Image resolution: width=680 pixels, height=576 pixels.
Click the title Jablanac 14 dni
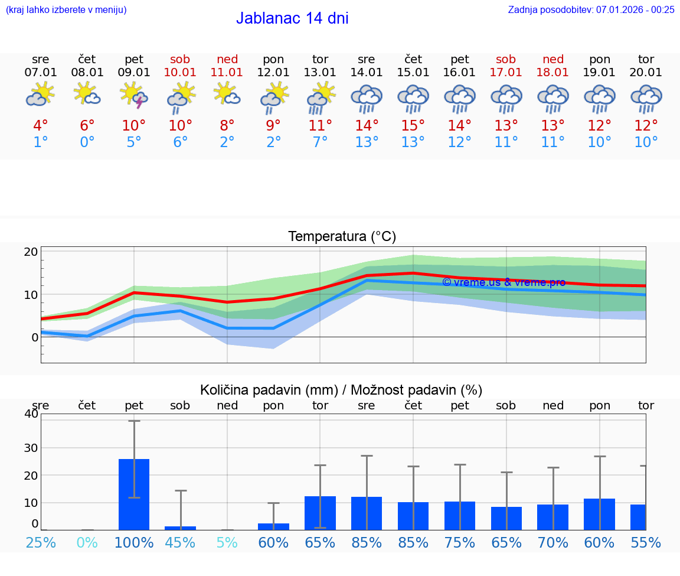[x=292, y=18]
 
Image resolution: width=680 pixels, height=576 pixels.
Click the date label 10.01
[x=181, y=73]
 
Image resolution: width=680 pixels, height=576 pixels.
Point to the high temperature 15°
[x=413, y=126]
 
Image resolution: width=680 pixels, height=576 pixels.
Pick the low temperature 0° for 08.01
[x=87, y=142]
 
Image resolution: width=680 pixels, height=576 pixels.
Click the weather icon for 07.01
[x=41, y=95]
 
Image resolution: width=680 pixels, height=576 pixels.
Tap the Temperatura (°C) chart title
[x=342, y=237]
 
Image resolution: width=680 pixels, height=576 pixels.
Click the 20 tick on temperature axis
[x=31, y=252]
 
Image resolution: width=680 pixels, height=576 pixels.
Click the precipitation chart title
[x=341, y=390]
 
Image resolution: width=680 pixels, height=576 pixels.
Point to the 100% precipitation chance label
[x=134, y=543]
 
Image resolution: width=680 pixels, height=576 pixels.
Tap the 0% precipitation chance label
[x=87, y=543]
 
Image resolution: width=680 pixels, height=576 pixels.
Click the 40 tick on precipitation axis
[x=31, y=414]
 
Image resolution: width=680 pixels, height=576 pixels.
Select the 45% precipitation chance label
[x=181, y=543]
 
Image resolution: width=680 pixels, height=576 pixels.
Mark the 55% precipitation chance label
[x=646, y=543]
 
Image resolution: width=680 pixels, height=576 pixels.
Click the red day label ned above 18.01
[x=553, y=59]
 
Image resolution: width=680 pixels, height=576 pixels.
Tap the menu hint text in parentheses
[x=66, y=9]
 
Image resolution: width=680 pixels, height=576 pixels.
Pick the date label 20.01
[x=646, y=73]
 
